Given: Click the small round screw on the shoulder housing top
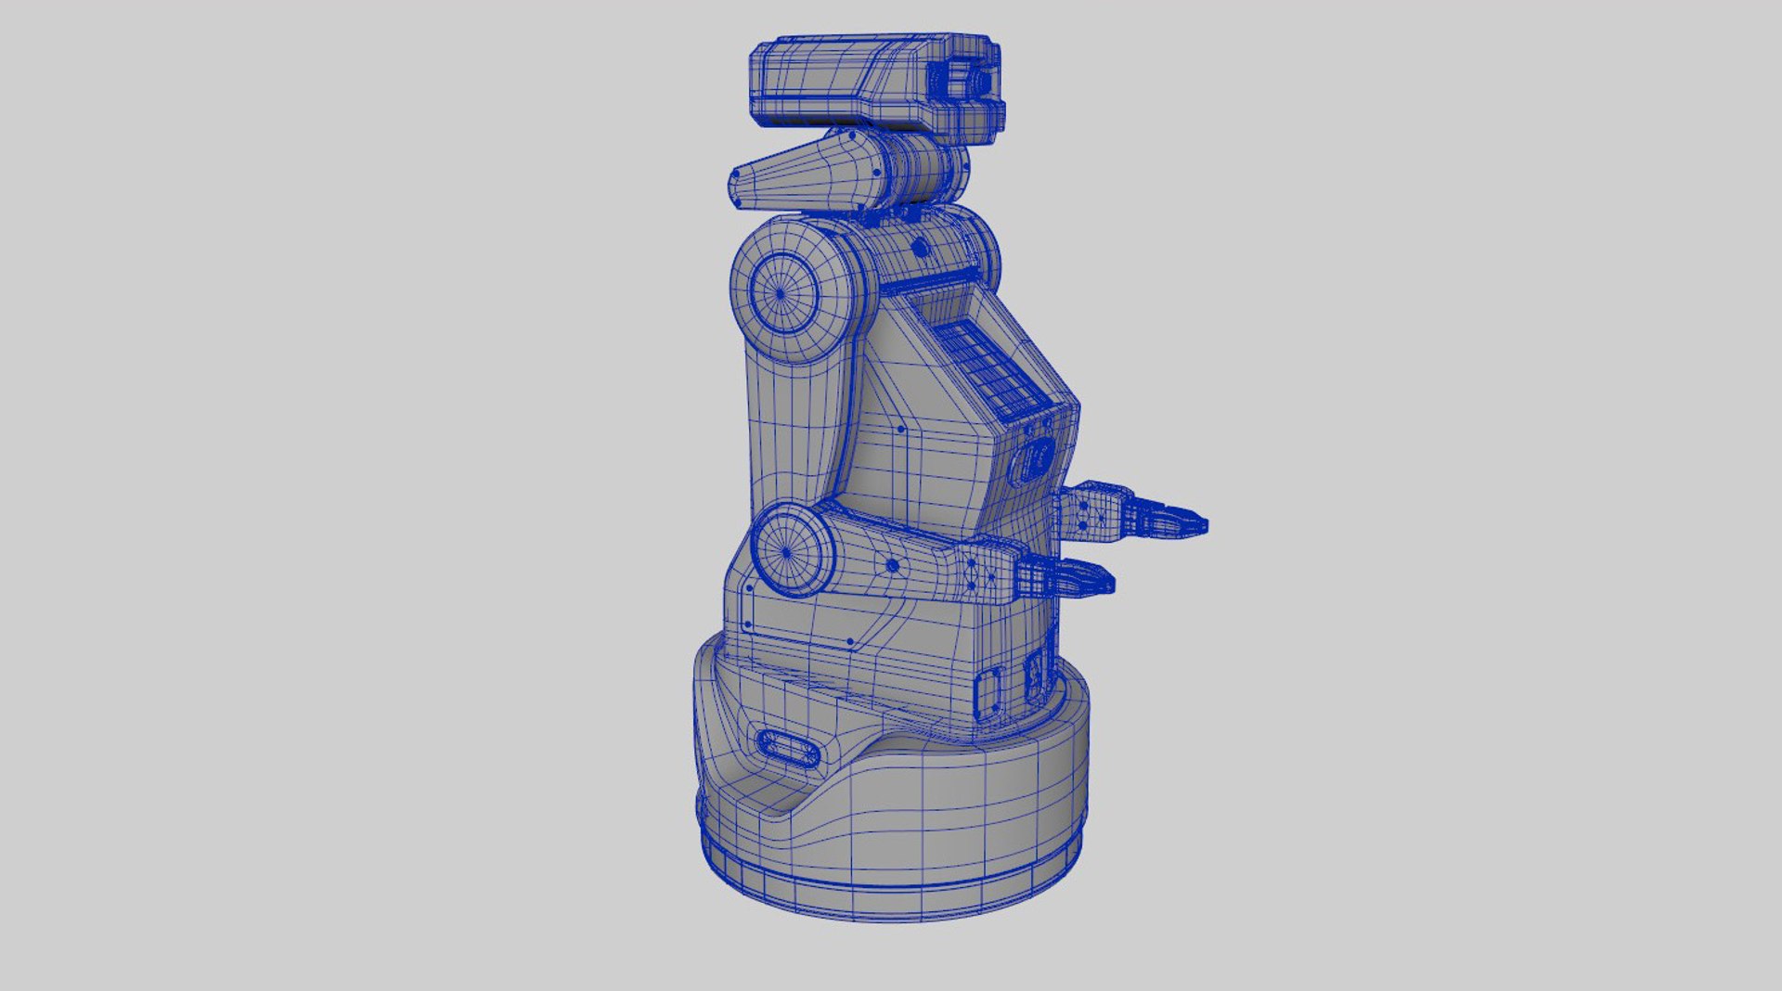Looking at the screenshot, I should [x=919, y=248].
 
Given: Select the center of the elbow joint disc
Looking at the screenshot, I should [x=787, y=552].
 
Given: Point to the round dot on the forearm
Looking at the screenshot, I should [x=892, y=564].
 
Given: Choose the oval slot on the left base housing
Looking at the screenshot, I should [x=789, y=747].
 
